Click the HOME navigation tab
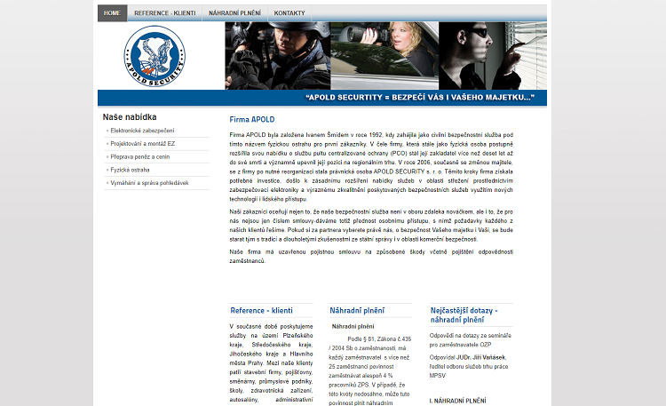click(x=112, y=13)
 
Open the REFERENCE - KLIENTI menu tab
click(x=164, y=13)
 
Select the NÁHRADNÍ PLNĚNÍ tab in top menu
click(x=235, y=13)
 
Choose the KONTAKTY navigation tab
click(x=289, y=13)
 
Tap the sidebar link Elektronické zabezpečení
click(x=142, y=131)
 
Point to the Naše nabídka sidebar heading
click(x=130, y=116)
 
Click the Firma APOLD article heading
click(x=252, y=119)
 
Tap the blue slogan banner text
click(x=418, y=97)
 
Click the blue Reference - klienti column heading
click(x=261, y=310)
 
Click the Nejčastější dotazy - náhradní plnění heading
click(x=464, y=314)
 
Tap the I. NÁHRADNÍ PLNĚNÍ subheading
click(x=457, y=401)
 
